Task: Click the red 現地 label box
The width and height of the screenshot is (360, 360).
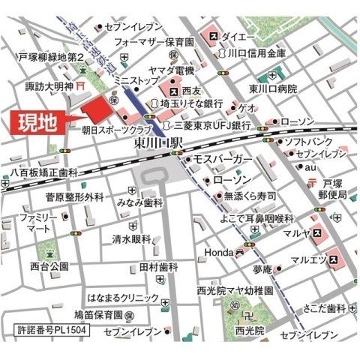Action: (x=37, y=122)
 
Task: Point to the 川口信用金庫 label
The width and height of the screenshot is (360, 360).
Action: (x=256, y=54)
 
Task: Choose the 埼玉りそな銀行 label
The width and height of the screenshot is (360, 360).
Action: (x=192, y=103)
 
